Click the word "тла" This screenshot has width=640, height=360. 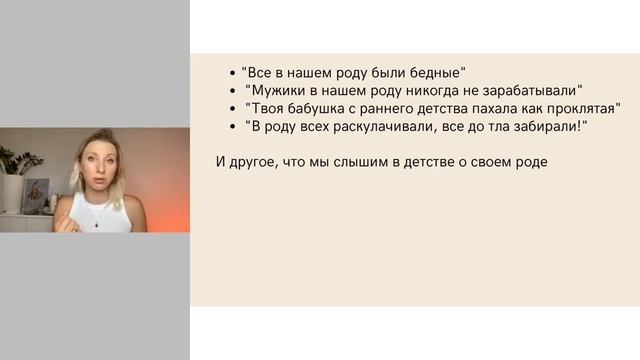[496, 126]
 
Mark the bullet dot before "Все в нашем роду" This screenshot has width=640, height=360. [231, 73]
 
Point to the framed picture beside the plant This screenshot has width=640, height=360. [38, 194]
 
